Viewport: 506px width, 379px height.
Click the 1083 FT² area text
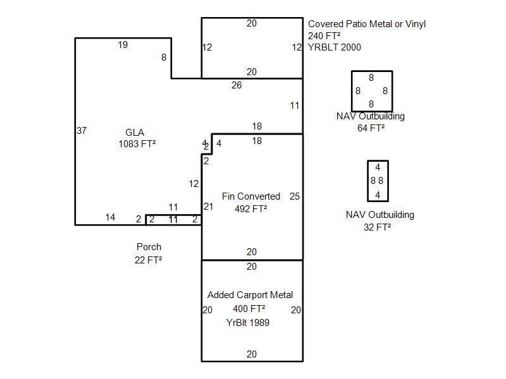137,144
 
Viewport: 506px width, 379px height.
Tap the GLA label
135,133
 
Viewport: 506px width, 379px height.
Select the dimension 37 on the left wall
82,131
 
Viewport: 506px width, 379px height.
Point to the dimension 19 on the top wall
123,45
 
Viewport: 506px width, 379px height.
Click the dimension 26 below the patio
237,85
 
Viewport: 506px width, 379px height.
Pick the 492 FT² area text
250,209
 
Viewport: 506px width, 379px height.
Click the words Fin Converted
250,196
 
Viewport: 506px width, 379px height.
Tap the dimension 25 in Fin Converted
295,196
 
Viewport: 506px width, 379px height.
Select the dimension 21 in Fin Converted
209,207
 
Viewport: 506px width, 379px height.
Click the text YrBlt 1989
248,323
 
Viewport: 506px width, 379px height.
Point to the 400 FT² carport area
249,309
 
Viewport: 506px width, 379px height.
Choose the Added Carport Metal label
250,295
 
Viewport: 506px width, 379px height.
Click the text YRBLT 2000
335,47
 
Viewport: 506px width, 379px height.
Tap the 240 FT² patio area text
324,35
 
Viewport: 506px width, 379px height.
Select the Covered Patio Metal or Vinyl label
367,24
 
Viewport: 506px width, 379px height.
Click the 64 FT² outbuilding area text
371,128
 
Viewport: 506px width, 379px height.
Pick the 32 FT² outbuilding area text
377,227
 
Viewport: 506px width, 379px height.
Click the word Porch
149,247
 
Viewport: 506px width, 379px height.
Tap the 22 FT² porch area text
148,260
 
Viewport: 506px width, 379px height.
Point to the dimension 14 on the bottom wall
110,217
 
